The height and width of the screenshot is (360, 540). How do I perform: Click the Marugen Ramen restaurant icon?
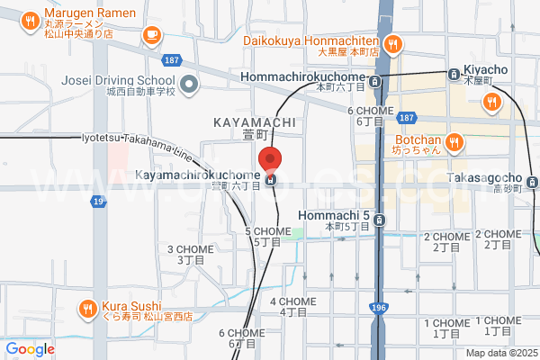30,20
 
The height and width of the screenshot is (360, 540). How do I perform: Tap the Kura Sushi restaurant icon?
87,308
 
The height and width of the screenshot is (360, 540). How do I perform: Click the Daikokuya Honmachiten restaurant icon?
392,44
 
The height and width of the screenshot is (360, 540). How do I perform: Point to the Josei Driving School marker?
189,85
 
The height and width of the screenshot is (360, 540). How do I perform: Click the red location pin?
271,159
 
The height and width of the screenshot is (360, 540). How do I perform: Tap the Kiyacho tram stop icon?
454,73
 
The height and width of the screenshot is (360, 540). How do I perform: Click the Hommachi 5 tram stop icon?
380,219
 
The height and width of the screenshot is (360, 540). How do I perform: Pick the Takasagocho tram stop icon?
533,183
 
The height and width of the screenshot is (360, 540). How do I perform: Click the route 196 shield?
377,309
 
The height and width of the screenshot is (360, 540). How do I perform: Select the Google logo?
30,349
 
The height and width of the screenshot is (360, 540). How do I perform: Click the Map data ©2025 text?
499,352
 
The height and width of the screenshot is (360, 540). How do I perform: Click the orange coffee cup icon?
150,35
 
